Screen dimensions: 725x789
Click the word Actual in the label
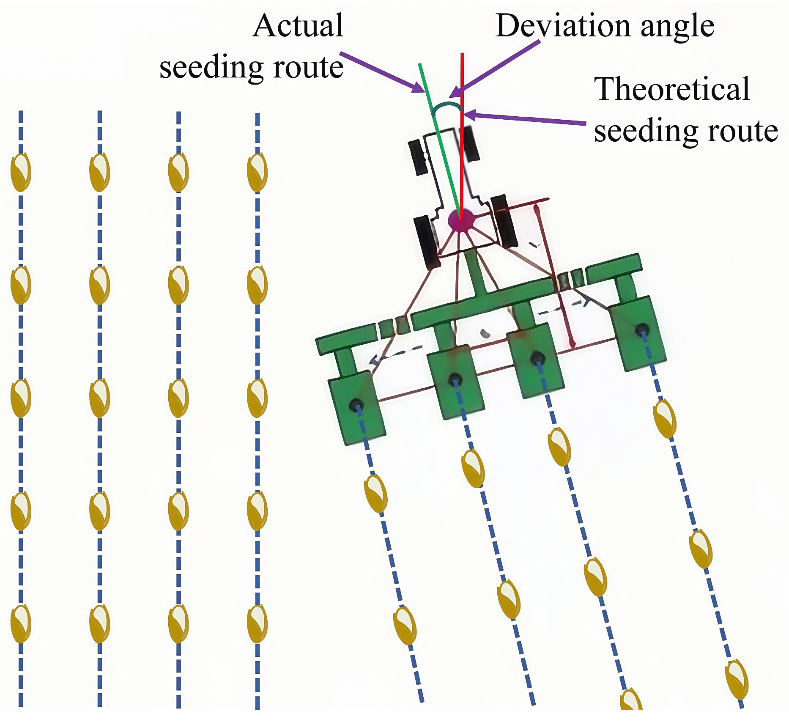298,26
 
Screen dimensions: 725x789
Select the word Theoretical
672,89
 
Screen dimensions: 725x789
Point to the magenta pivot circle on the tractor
460,220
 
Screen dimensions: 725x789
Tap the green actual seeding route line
440,140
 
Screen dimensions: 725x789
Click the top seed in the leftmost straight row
21,172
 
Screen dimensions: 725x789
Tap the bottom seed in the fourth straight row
257,623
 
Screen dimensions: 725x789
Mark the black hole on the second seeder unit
455,378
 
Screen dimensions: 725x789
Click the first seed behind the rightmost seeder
664,419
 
